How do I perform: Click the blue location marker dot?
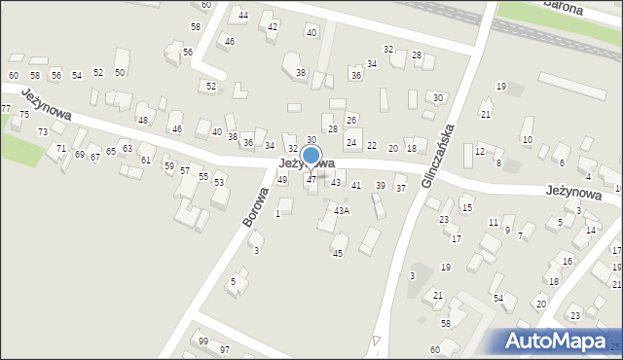click(311, 155)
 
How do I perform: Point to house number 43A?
click(341, 210)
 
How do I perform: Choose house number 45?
click(338, 253)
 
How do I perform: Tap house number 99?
click(202, 341)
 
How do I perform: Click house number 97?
click(225, 349)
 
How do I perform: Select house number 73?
click(43, 131)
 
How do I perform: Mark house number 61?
click(146, 160)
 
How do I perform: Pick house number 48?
click(143, 120)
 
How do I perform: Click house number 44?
click(243, 16)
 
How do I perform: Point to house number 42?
click(272, 26)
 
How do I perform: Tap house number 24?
click(351, 143)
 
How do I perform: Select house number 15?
click(467, 208)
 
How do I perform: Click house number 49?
click(282, 179)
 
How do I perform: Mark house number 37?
click(400, 188)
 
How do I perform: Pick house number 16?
click(568, 261)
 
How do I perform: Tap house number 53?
click(219, 182)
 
